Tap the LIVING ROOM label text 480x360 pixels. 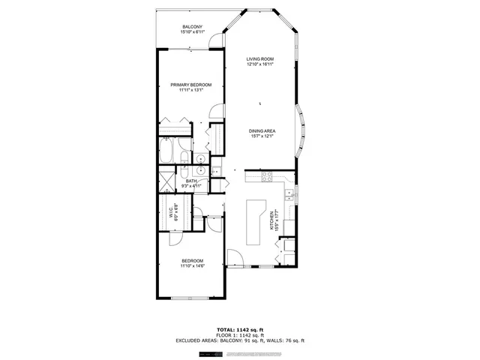pos(261,59)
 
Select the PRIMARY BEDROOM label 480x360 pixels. pos(190,85)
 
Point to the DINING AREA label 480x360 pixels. pos(262,131)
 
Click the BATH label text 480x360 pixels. pos(191,181)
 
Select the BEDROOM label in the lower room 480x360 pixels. pos(191,260)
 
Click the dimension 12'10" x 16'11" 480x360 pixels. pos(261,64)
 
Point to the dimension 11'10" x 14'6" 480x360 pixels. pos(191,265)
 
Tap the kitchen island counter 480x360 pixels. pos(254,223)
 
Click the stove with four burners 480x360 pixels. pos(265,178)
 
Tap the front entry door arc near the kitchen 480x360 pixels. pos(235,258)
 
